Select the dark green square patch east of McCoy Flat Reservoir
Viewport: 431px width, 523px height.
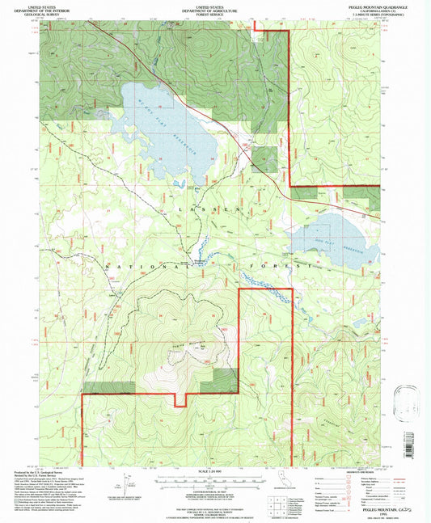264,160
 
